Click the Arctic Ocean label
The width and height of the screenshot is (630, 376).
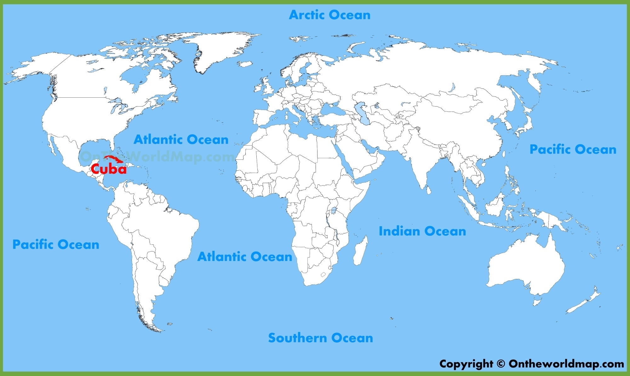pyautogui.click(x=329, y=15)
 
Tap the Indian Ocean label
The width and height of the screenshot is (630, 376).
pyautogui.click(x=422, y=231)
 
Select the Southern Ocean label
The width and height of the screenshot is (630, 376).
pyautogui.click(x=320, y=338)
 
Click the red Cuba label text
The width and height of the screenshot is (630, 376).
pyautogui.click(x=109, y=169)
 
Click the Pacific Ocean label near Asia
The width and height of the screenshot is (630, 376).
pyautogui.click(x=573, y=149)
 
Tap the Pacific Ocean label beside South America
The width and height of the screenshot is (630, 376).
pyautogui.click(x=56, y=245)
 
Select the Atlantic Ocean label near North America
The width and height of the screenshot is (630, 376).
pyautogui.click(x=181, y=139)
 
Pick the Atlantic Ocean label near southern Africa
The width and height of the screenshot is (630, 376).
pyautogui.click(x=245, y=257)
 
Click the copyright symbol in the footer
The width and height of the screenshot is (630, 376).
pyautogui.click(x=501, y=364)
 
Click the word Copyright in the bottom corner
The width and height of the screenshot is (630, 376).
pyautogui.click(x=466, y=364)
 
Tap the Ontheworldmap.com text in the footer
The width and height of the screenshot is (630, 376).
pyautogui.click(x=566, y=364)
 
